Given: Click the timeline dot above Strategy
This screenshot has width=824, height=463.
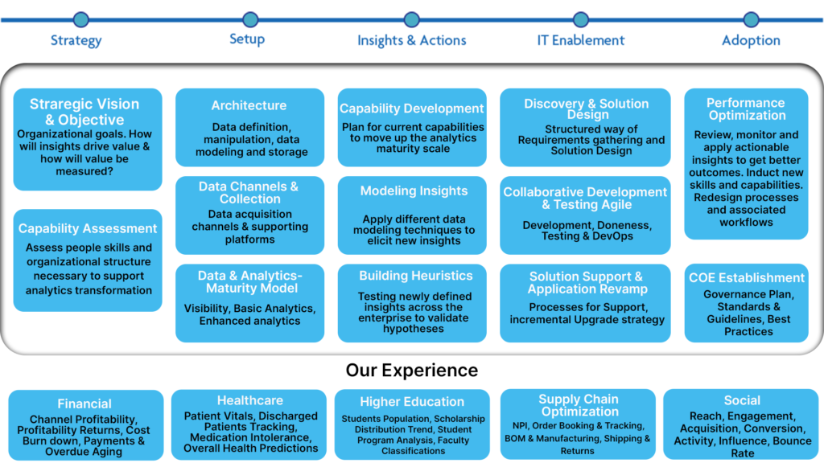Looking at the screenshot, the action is click(81, 20).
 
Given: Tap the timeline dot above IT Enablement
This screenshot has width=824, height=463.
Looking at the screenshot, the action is click(581, 20).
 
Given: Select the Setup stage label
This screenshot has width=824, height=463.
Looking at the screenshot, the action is click(247, 39).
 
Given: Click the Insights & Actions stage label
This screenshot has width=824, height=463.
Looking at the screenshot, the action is click(411, 40).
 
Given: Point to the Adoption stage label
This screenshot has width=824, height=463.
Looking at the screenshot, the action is click(751, 40).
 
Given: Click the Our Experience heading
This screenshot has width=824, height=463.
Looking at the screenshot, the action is click(412, 370).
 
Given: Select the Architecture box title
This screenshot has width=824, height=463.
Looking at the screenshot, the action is click(249, 105).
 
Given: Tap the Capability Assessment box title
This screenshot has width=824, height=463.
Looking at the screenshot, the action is click(87, 228).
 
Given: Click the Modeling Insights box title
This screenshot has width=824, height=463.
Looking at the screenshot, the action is click(414, 191).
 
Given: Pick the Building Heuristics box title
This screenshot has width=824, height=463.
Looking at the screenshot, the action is click(416, 276).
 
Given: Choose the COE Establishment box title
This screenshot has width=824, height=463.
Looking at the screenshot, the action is click(747, 277).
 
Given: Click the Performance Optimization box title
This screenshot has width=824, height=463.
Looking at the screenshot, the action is click(746, 109).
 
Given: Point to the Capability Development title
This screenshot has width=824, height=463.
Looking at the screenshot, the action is click(411, 109).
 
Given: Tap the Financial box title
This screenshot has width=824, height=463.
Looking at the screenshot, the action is click(84, 404).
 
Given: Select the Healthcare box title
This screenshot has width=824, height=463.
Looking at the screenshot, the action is click(250, 400).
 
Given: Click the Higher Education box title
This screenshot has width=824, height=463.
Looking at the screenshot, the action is click(412, 402).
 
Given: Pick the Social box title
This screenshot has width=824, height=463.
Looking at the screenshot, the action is click(742, 400).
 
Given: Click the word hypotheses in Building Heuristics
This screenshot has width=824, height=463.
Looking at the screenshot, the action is click(414, 329).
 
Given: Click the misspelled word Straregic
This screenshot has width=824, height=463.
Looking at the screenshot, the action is click(59, 104).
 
